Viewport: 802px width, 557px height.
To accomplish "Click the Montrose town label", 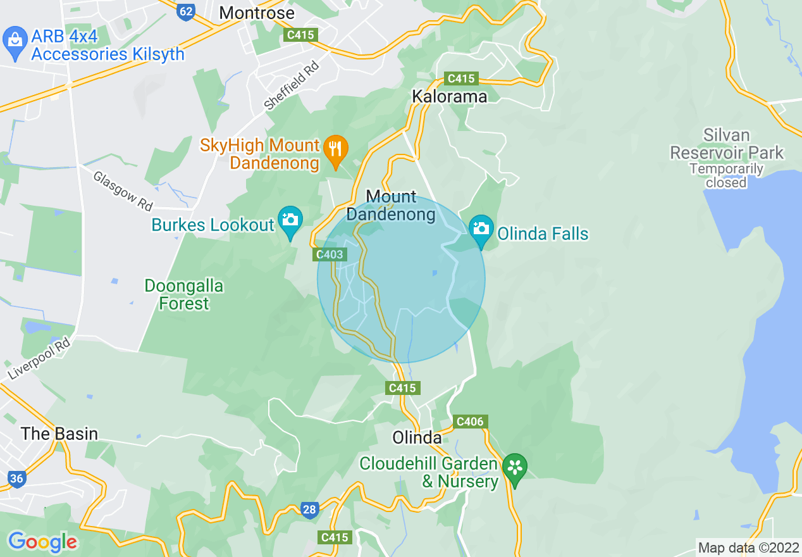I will tap(256, 13).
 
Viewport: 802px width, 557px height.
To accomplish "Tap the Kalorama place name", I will tap(449, 96).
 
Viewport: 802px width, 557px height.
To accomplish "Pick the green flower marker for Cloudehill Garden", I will tap(515, 468).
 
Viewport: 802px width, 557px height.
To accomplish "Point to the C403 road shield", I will tap(330, 254).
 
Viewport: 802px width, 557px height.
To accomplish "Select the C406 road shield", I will tap(469, 422).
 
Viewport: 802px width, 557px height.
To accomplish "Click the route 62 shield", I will tap(185, 11).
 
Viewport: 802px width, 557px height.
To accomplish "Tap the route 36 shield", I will tap(16, 479).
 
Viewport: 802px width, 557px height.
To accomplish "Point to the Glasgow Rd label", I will tap(123, 191).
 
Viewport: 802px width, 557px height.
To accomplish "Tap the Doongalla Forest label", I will tap(183, 295).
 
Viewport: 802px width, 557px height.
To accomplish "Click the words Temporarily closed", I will tap(726, 176).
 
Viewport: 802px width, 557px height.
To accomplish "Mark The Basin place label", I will tap(59, 434).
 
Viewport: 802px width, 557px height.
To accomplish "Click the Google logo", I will tap(42, 542).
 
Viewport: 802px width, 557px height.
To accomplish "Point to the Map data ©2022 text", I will tap(747, 548).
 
